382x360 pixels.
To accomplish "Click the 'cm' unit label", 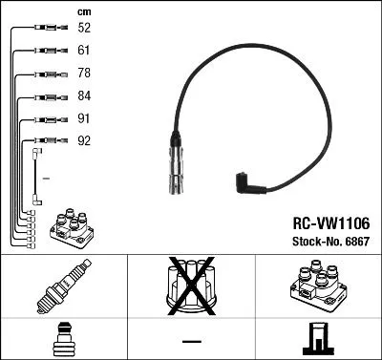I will pos(83,11).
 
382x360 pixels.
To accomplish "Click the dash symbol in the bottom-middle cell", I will pos(191,341).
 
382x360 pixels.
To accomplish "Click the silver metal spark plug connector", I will pos(180,170).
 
